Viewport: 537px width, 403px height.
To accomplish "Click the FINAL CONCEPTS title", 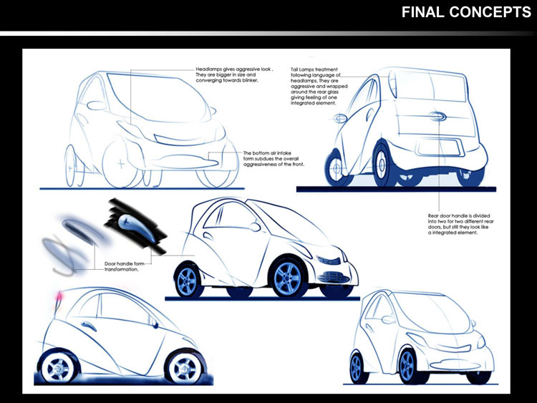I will click(465, 12).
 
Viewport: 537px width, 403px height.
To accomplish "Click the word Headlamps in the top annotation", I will click(213, 69).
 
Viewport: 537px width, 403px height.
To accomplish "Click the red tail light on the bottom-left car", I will click(55, 296).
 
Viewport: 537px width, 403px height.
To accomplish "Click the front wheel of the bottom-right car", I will click(406, 366).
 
